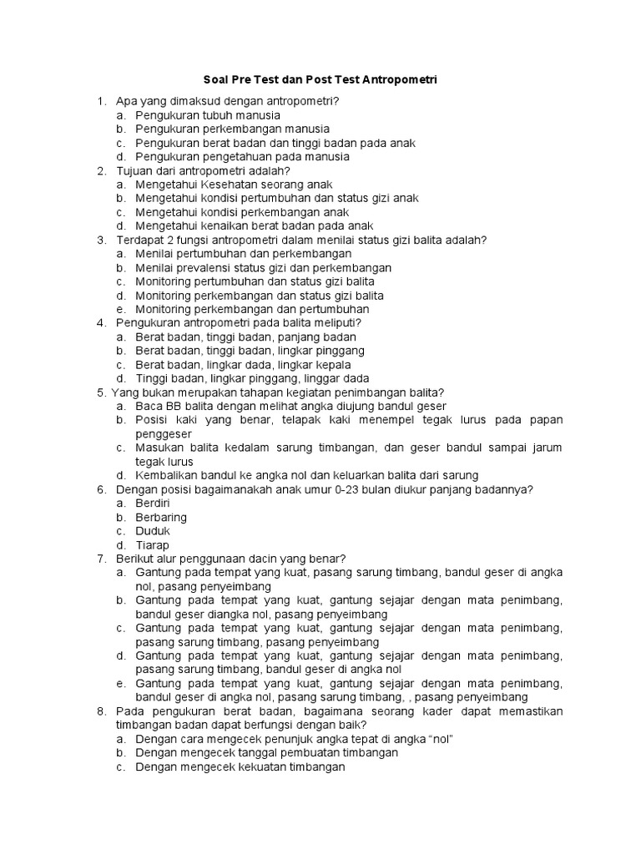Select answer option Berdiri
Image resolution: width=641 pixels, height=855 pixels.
click(x=153, y=503)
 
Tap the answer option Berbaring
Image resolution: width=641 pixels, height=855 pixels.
click(x=161, y=518)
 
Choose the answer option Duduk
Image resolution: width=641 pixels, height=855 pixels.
click(x=153, y=531)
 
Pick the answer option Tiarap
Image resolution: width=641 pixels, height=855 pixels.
click(x=152, y=545)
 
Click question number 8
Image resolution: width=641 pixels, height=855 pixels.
click(x=101, y=711)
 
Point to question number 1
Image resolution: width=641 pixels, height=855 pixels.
click(x=101, y=101)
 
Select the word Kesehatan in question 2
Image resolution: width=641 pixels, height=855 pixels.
click(x=221, y=185)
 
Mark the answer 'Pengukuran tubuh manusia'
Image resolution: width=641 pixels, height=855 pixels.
click(x=208, y=115)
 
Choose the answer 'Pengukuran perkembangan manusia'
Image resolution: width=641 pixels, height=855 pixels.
click(x=233, y=129)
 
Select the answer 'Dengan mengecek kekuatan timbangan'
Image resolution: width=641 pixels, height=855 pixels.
click(x=240, y=766)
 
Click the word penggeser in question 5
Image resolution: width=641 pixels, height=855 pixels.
click(x=164, y=434)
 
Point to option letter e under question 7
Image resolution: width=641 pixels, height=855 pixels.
click(x=120, y=683)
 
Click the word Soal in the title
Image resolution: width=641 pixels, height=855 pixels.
click(x=216, y=80)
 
